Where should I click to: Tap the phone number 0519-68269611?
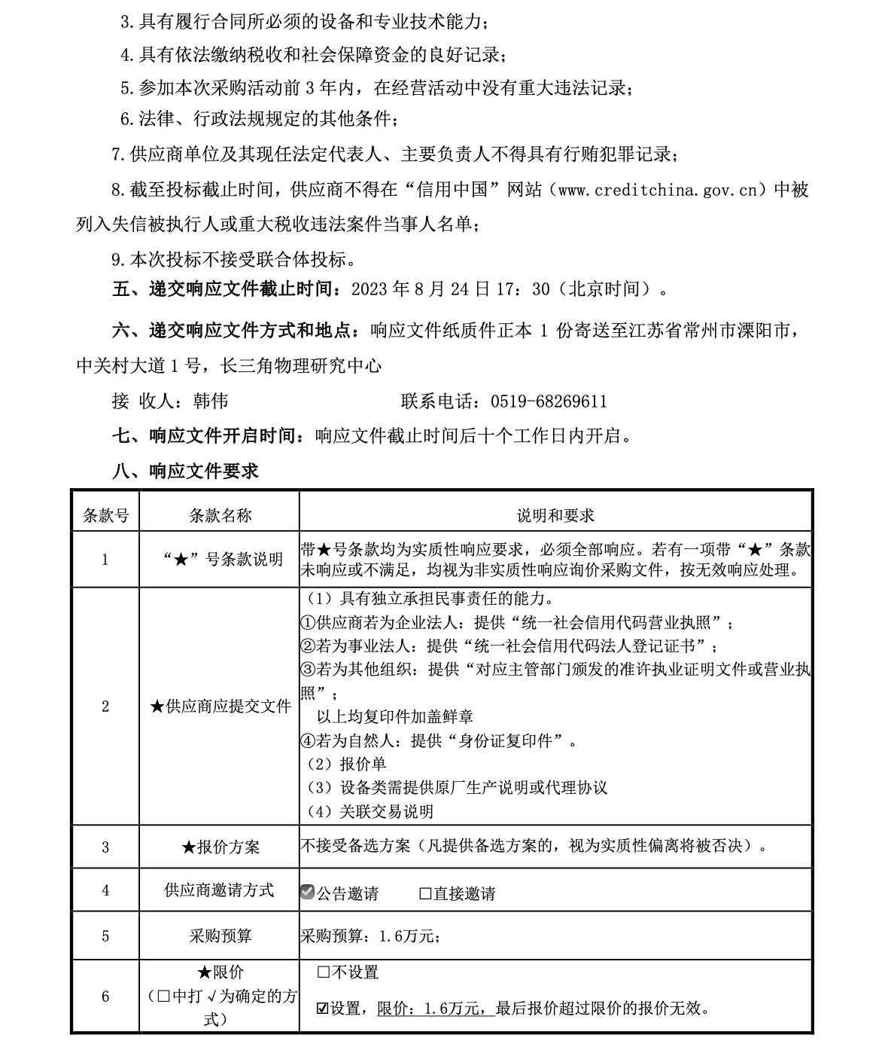tap(549, 401)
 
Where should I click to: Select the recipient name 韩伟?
tap(211, 401)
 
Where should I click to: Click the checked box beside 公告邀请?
tap(307, 893)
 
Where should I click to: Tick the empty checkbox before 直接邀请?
tap(425, 893)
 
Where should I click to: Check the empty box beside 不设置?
tap(324, 972)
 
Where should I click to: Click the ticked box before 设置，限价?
tap(324, 1008)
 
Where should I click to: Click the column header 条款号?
tap(105, 515)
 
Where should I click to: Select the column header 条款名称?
tap(220, 515)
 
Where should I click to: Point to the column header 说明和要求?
tap(555, 515)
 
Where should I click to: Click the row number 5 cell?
tap(105, 936)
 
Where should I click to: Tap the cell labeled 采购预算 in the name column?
tap(220, 936)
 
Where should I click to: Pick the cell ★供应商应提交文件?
tap(220, 707)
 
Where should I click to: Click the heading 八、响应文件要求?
tap(185, 472)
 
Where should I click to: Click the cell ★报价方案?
tap(220, 847)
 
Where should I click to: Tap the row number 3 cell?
tap(105, 847)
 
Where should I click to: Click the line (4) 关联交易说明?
tap(371, 811)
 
